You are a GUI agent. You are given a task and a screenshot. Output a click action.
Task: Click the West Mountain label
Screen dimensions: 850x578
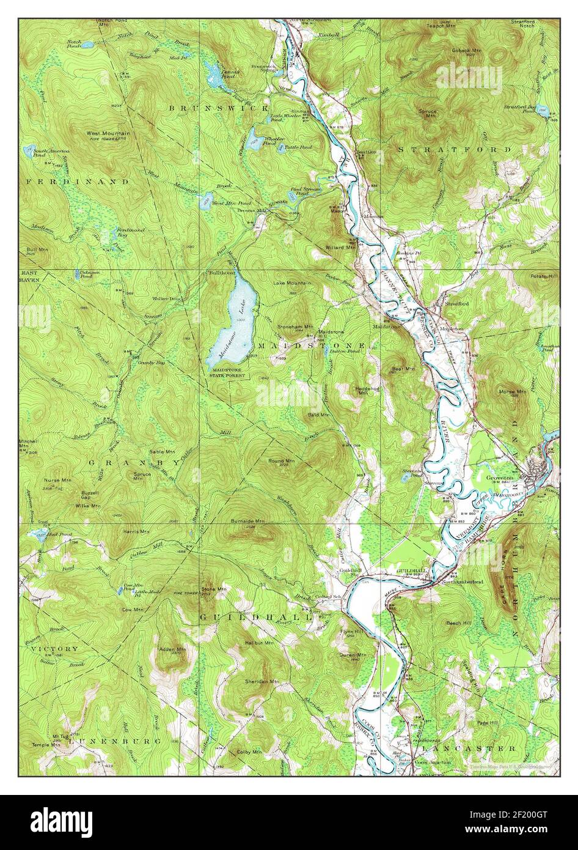(x=104, y=132)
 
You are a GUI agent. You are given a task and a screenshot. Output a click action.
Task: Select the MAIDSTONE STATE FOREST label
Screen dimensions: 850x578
(x=228, y=373)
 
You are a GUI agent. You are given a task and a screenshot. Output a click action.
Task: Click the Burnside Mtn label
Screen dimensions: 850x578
(x=247, y=521)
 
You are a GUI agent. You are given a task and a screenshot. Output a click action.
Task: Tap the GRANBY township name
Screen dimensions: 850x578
(x=134, y=463)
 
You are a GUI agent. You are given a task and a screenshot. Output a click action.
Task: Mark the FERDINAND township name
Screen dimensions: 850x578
(x=78, y=182)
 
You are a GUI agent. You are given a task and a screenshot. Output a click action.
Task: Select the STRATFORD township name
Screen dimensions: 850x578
(x=455, y=149)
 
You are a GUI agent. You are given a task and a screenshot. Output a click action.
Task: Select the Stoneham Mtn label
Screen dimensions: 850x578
(x=295, y=327)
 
